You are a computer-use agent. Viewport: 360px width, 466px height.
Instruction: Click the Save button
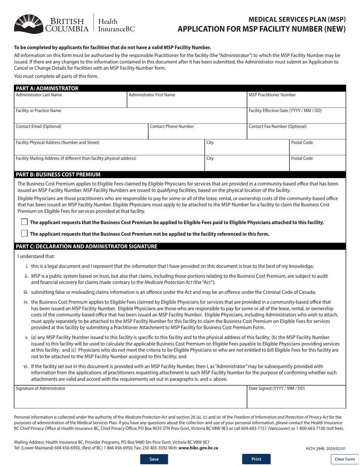pyautogui.click(x=154, y=459)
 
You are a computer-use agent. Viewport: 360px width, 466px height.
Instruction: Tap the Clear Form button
pyautogui.click(x=345, y=459)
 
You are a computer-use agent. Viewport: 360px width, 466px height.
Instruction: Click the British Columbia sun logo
pyautogui.click(x=28, y=23)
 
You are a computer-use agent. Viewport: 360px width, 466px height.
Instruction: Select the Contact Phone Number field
pyautogui.click(x=197, y=134)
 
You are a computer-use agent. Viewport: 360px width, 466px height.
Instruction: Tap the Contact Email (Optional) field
pyautogui.click(x=80, y=134)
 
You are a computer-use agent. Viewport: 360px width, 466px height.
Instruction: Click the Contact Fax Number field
pyautogui.click(x=296, y=134)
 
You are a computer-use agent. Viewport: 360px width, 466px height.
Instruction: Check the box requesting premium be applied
pyautogui.click(x=24, y=222)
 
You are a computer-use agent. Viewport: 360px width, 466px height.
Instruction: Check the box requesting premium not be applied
pyautogui.click(x=24, y=233)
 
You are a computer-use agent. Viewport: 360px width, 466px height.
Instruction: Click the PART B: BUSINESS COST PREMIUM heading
pyautogui.click(x=58, y=175)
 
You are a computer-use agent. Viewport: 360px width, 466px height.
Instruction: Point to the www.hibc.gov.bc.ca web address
pyautogui.click(x=198, y=447)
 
